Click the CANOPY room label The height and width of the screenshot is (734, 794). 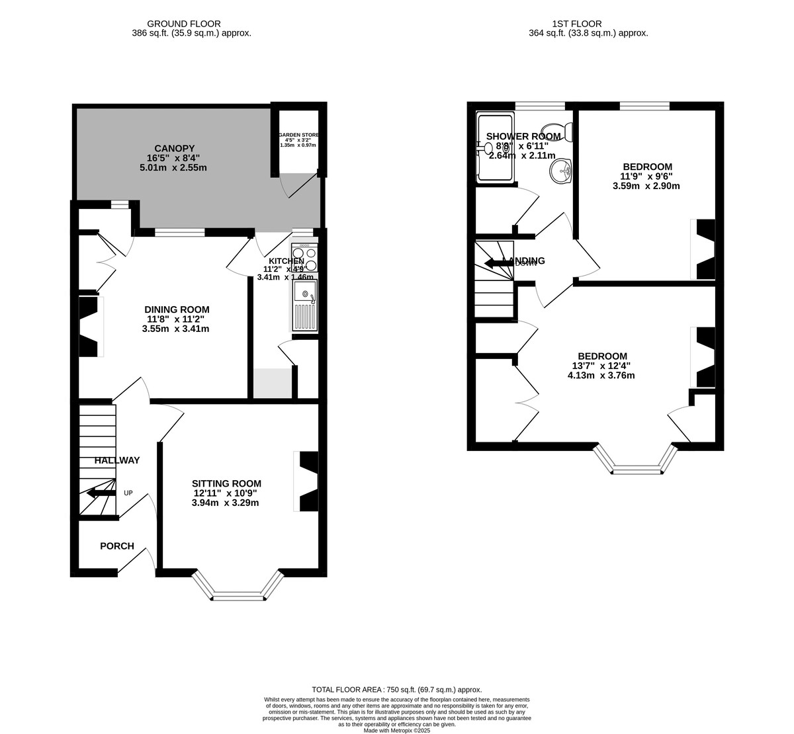[x=175, y=147]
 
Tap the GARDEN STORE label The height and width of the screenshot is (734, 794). [x=298, y=135]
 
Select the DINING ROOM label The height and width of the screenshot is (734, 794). [x=177, y=309]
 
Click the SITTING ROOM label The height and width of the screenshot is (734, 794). [x=226, y=483]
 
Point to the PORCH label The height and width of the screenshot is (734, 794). [x=117, y=546]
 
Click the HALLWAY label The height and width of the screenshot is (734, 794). [x=117, y=460]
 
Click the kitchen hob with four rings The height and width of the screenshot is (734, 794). [x=304, y=258]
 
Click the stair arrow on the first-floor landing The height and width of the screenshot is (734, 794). [x=498, y=263]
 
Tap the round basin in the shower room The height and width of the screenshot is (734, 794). [x=561, y=172]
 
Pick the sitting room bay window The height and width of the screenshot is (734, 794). [x=238, y=587]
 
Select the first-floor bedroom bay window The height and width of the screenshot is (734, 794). [x=636, y=461]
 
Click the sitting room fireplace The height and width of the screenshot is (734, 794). [x=308, y=481]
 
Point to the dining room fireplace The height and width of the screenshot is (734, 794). [x=89, y=327]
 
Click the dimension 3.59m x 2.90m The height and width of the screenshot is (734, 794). [x=646, y=186]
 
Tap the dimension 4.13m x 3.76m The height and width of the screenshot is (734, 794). [x=601, y=376]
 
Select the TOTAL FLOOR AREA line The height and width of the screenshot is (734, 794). [x=397, y=689]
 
